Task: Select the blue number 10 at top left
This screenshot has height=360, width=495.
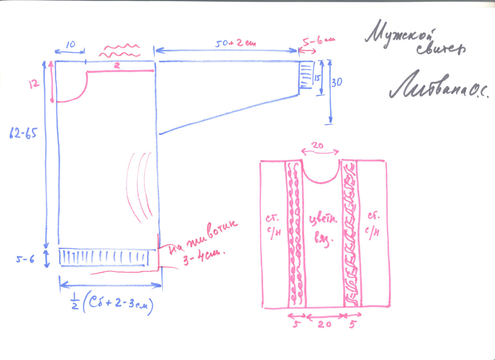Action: click(70, 45)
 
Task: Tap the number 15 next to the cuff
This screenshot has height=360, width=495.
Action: click(317, 78)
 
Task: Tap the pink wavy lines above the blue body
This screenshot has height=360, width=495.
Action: click(120, 50)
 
